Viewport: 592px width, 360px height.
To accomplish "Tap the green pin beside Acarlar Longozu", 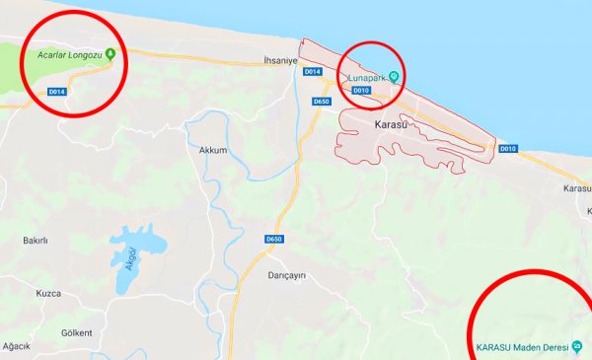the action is (x=111, y=53).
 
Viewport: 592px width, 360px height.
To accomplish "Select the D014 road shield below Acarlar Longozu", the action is (x=56, y=92).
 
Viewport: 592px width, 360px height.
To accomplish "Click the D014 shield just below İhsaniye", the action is (x=312, y=72).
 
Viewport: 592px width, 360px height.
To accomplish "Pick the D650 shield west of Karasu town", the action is (x=320, y=102).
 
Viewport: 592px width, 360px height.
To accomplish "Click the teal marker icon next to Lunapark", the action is (x=395, y=78).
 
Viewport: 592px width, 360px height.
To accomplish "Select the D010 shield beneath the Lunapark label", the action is (x=360, y=92).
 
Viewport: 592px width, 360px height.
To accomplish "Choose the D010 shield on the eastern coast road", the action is (x=507, y=149).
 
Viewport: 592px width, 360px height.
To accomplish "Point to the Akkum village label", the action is (x=213, y=151).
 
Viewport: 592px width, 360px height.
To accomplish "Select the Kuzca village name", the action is (x=48, y=293).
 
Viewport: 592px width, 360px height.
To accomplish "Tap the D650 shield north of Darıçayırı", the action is (x=273, y=240).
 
